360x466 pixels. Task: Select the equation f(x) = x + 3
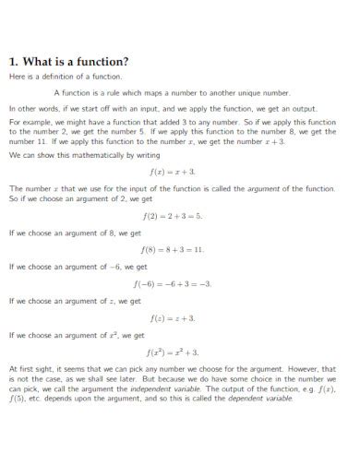click(x=173, y=173)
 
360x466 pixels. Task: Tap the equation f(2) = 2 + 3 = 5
click(x=173, y=216)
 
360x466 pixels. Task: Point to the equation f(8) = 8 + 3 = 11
click(x=173, y=249)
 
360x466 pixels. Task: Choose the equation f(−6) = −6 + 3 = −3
click(x=173, y=283)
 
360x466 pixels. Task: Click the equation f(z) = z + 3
click(x=173, y=317)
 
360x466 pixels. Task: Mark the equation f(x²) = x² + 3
click(x=173, y=352)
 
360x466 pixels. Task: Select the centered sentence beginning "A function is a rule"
click(x=172, y=93)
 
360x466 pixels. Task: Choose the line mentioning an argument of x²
click(x=77, y=334)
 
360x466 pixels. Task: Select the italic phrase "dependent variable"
click(x=263, y=399)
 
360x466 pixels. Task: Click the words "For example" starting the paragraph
click(x=27, y=122)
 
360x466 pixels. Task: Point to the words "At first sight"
click(x=28, y=369)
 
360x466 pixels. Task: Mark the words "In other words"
click(x=30, y=108)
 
